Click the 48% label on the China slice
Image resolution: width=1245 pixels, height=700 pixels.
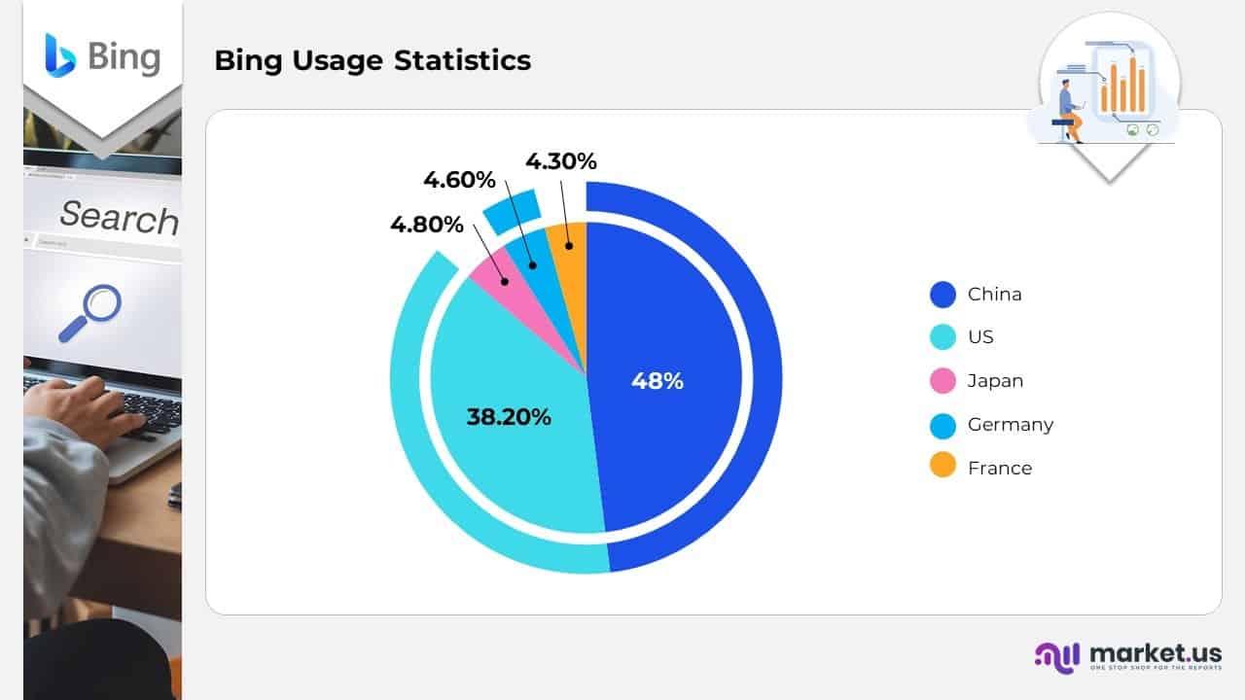coord(658,381)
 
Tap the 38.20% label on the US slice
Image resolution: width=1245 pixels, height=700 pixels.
coord(509,417)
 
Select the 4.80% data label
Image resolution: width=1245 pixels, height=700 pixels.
coord(427,225)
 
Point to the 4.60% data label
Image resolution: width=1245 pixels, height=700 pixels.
coord(459,180)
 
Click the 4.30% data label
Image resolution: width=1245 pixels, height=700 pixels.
coord(561,161)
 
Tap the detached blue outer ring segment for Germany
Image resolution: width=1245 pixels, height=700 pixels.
coord(512,211)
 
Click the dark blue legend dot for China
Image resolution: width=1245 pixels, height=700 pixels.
coord(943,294)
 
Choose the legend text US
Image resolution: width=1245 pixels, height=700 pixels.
coord(980,337)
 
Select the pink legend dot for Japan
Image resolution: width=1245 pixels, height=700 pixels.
coord(943,381)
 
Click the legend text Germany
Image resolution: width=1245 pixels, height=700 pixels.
coord(1010,425)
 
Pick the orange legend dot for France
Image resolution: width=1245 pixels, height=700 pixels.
coord(943,468)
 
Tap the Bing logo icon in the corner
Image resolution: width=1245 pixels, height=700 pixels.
coord(59,54)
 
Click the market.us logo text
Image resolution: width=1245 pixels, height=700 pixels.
coord(1156,652)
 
